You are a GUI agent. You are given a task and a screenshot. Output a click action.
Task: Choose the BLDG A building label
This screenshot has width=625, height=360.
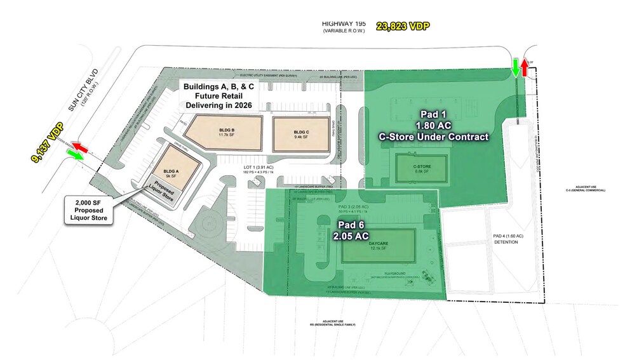point(170,171)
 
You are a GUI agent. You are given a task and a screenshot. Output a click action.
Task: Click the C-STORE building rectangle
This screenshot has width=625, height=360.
point(417,168)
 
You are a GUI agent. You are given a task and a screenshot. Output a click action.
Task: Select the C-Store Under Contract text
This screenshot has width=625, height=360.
point(434,137)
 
